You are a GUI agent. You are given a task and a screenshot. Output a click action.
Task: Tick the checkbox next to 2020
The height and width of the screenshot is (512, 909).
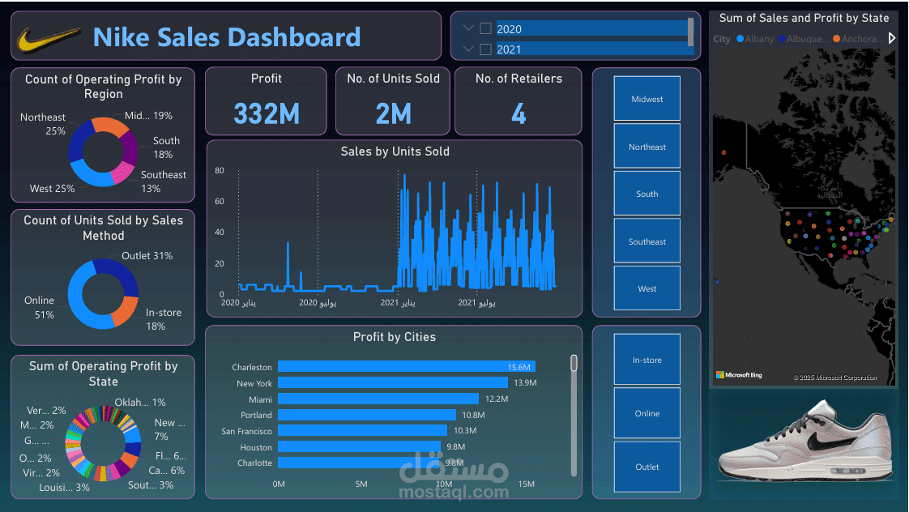(x=485, y=28)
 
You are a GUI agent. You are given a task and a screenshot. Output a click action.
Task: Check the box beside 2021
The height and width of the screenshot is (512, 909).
(x=485, y=49)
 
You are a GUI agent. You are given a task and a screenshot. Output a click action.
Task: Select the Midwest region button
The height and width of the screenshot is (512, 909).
(x=647, y=99)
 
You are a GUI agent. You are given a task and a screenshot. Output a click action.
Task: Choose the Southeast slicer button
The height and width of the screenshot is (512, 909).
(x=647, y=241)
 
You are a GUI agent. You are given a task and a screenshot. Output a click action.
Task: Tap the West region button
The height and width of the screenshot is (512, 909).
(x=647, y=288)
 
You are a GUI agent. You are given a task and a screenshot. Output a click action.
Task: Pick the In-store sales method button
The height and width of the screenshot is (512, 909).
(x=647, y=360)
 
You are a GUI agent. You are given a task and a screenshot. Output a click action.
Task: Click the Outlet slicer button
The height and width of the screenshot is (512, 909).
(x=647, y=467)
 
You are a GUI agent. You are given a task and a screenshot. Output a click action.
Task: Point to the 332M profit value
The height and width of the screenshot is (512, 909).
(x=266, y=114)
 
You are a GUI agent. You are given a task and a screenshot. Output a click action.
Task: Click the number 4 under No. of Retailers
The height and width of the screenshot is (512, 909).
(x=519, y=114)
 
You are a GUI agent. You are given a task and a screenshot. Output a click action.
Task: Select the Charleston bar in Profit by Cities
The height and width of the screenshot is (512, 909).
(x=405, y=367)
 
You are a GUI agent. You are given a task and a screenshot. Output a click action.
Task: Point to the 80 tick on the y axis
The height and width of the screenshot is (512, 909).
(x=219, y=171)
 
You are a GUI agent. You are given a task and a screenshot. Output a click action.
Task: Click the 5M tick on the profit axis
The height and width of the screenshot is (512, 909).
(x=361, y=484)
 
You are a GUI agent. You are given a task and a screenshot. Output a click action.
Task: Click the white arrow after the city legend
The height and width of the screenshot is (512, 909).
(x=892, y=38)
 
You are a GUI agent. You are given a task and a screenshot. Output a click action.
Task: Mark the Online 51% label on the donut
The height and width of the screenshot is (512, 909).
(x=39, y=307)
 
